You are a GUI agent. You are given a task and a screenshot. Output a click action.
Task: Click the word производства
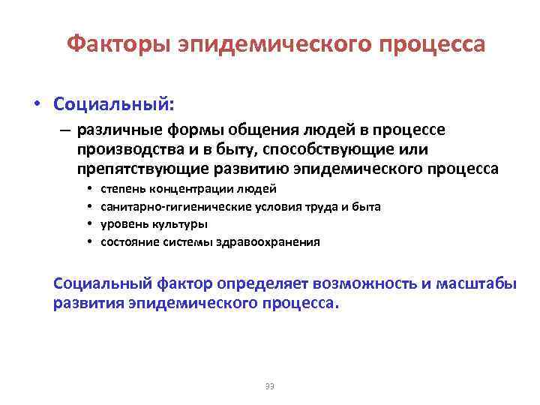(x=125, y=150)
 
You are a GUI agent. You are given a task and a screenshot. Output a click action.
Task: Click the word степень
(x=123, y=188)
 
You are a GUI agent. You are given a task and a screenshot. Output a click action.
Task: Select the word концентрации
(x=190, y=188)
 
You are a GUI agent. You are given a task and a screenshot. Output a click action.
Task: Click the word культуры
(x=181, y=224)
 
